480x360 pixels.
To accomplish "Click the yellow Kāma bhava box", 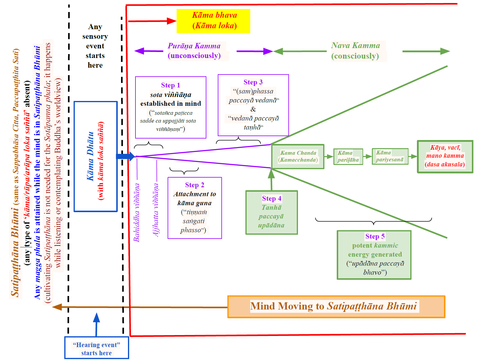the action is coord(213,21).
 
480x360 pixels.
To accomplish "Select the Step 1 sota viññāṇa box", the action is coord(171,107).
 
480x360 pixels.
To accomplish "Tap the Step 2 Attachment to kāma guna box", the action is coord(195,208).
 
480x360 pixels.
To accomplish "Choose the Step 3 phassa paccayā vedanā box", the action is coord(253,105).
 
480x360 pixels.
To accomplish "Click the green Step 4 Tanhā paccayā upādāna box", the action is coord(272,212).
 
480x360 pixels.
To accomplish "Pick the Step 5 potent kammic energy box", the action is coord(374,255).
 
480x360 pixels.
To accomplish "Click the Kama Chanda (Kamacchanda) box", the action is coord(298,156).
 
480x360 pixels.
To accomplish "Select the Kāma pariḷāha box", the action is coord(348,156).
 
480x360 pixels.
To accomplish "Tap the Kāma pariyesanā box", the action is coord(390,156).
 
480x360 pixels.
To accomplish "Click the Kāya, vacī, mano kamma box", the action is coord(445,157).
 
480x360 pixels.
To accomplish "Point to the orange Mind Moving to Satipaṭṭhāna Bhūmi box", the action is coord(336,307).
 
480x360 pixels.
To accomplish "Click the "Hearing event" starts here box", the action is coord(97,348).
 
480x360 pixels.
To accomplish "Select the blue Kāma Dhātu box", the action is coord(96,156).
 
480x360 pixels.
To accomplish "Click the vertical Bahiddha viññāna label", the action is coord(136,212).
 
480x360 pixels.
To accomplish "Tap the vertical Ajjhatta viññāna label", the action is coord(156,210).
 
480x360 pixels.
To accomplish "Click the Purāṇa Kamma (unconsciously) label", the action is coord(194,51).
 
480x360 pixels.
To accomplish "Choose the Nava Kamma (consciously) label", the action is coord(355,51).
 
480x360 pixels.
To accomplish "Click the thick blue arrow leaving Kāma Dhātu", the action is coord(126,156).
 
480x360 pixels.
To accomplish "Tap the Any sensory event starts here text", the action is coord(95,46).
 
